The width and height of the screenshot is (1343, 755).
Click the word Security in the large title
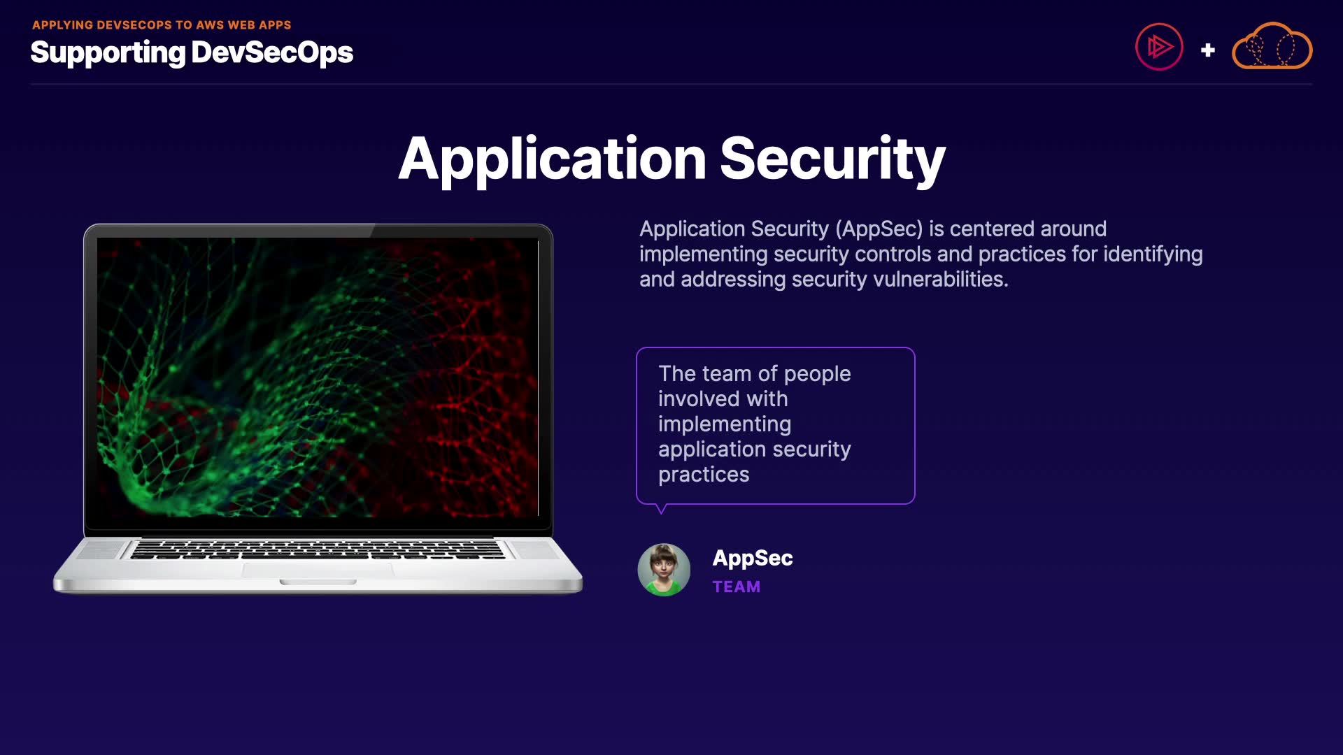[832, 160]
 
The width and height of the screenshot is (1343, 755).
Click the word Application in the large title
[553, 160]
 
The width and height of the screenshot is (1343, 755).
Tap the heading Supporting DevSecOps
[192, 53]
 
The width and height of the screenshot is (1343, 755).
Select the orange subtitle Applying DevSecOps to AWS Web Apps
[162, 25]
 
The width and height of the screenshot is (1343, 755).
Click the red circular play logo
[1159, 47]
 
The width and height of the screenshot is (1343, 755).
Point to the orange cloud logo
[1272, 46]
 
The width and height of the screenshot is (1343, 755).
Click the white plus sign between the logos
[1207, 50]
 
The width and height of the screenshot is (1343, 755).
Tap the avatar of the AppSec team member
[664, 570]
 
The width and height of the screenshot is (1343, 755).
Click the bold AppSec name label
[753, 559]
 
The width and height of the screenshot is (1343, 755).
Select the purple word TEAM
[737, 587]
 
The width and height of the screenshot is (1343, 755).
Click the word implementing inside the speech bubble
[725, 424]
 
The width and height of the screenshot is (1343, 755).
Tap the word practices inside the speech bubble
[704, 475]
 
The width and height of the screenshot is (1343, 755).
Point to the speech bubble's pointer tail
[661, 509]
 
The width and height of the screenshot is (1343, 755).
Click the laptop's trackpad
[318, 570]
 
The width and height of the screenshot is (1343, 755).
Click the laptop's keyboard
[317, 549]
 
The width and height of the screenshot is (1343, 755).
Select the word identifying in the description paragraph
[1153, 254]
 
